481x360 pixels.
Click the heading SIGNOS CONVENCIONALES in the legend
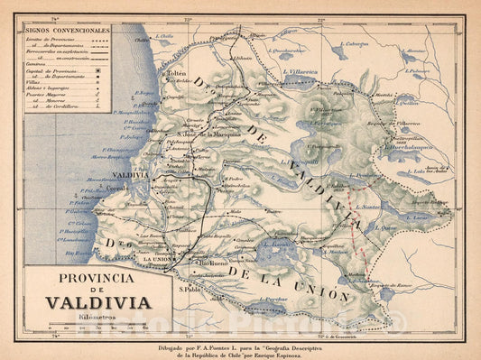click(x=69, y=30)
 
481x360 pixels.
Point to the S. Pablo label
click(x=189, y=290)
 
